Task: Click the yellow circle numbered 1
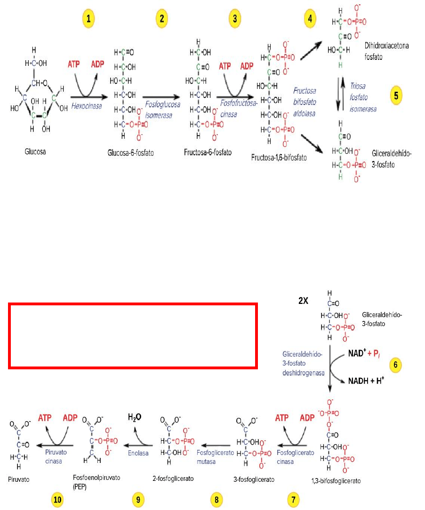click(88, 18)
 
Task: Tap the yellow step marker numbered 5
click(396, 96)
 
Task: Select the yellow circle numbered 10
click(57, 500)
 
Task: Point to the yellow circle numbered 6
click(395, 365)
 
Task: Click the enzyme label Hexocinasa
click(87, 106)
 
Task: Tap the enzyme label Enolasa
click(138, 453)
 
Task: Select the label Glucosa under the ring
click(35, 151)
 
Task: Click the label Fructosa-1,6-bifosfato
click(279, 158)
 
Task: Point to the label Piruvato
click(18, 479)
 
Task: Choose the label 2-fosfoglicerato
click(173, 478)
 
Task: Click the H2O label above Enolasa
click(135, 417)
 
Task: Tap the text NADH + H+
click(366, 381)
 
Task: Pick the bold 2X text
click(303, 301)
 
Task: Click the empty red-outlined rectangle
click(133, 304)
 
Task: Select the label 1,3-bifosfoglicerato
click(336, 481)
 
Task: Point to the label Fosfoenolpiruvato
click(96, 478)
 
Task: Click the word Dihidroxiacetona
click(386, 46)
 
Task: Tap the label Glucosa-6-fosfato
click(130, 153)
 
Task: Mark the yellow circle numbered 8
click(217, 500)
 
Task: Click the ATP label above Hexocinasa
click(73, 64)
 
